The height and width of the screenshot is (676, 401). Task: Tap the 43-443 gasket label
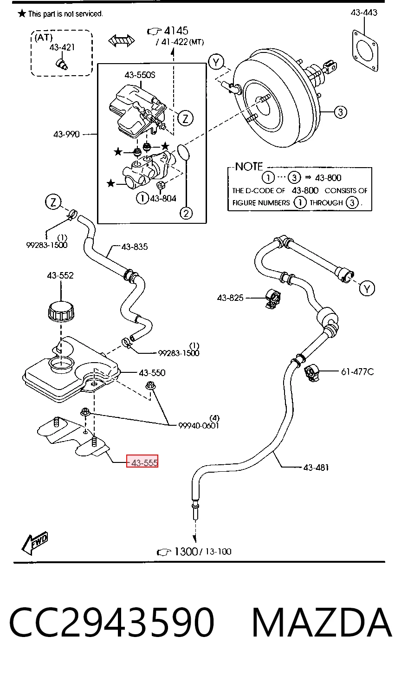[364, 13]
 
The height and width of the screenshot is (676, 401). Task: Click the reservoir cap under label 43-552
[61, 311]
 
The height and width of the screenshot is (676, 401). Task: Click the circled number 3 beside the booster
[340, 112]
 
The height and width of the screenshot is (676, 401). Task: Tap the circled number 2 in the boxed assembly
[186, 214]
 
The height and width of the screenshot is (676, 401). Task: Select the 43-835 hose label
[135, 247]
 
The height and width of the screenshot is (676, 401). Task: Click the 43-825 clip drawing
[273, 299]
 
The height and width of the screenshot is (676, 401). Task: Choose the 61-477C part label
[357, 372]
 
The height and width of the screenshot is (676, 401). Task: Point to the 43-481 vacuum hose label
[316, 468]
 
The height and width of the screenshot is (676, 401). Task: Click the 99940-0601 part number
[199, 425]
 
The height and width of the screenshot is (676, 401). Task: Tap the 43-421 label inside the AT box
[62, 47]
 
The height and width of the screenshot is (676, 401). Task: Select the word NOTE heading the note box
[249, 166]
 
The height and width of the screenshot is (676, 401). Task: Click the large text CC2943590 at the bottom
[112, 623]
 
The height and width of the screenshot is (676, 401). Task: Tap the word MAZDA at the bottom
[322, 623]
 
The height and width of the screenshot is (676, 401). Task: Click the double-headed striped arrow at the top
[122, 41]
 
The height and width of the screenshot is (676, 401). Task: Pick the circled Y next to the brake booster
[216, 63]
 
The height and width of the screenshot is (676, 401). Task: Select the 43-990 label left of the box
[66, 134]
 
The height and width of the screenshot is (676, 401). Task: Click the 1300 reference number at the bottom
[186, 552]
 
